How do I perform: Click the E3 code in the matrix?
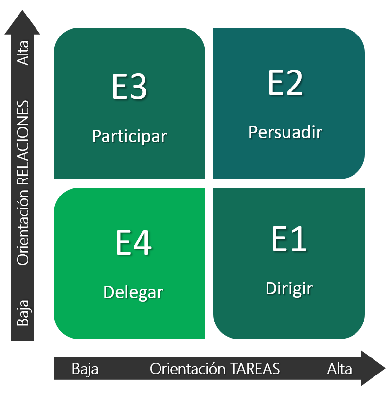(x=129, y=87)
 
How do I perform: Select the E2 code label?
(x=285, y=83)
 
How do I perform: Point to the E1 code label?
(x=289, y=239)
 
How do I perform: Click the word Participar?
(x=129, y=136)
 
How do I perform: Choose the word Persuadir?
(x=285, y=132)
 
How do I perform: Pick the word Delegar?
(x=133, y=292)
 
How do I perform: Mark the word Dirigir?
(x=289, y=288)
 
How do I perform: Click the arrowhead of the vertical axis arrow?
(x=22, y=22)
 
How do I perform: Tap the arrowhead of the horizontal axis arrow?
(x=373, y=368)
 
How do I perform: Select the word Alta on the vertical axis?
(x=23, y=53)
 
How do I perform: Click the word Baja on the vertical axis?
(x=23, y=313)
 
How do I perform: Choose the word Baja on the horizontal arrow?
(x=85, y=369)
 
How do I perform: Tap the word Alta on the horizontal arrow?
(x=339, y=369)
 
